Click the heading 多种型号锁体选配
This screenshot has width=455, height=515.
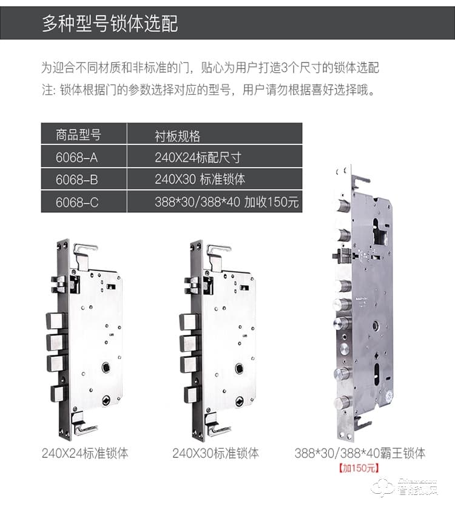110,24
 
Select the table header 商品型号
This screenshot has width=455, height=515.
78,134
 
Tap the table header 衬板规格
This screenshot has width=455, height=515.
177,135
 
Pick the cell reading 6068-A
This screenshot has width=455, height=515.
76,157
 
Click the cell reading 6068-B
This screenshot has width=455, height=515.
76,180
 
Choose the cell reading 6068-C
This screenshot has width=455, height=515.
76,202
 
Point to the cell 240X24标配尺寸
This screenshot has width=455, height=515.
198,157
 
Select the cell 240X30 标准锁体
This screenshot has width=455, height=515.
200,180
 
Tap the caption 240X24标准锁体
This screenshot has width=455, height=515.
85,453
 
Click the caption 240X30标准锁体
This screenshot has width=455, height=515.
215,453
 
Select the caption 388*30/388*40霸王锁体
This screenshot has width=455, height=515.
360,453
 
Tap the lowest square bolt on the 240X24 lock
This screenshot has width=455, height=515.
58,394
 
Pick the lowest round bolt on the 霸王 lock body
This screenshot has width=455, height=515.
343,401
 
